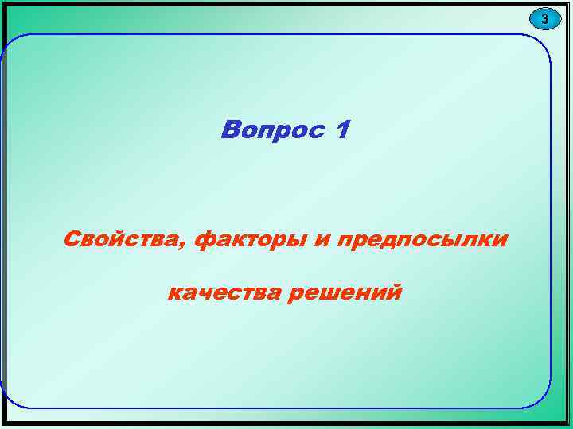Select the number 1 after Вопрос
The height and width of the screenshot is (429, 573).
tap(341, 129)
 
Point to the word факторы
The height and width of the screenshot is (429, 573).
tap(252, 238)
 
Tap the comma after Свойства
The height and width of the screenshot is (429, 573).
tap(186, 244)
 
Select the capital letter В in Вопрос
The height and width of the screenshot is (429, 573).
tap(231, 129)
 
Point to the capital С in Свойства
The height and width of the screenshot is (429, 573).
tap(72, 238)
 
